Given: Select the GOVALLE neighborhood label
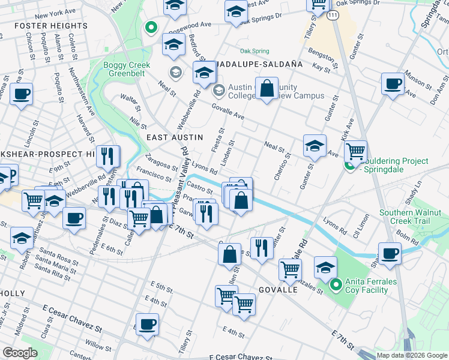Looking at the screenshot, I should coord(279,289).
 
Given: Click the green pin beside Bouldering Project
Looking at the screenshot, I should coord(348,166).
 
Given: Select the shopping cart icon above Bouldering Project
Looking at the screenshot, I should coord(356,152).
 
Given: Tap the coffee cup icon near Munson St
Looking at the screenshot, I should coord(393,83).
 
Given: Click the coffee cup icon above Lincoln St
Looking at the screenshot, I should coord(21,94).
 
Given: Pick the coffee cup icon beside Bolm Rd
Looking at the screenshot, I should coord(390,253).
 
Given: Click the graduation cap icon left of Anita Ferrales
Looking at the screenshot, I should coord(325,267).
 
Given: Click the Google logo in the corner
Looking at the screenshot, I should coord(20,353).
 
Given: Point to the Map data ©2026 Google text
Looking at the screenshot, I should coord(411,355).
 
